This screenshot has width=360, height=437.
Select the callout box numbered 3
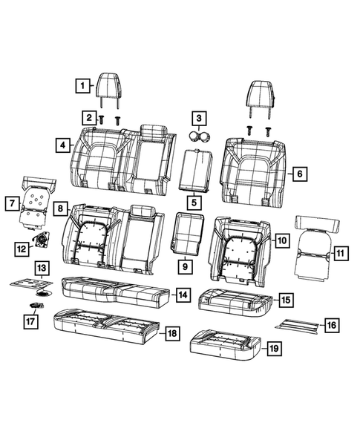tap(198, 117)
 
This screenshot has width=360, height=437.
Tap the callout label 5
tap(193, 200)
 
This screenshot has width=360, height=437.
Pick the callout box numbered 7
tap(11, 201)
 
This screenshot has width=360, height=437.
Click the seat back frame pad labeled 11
tap(315, 249)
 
